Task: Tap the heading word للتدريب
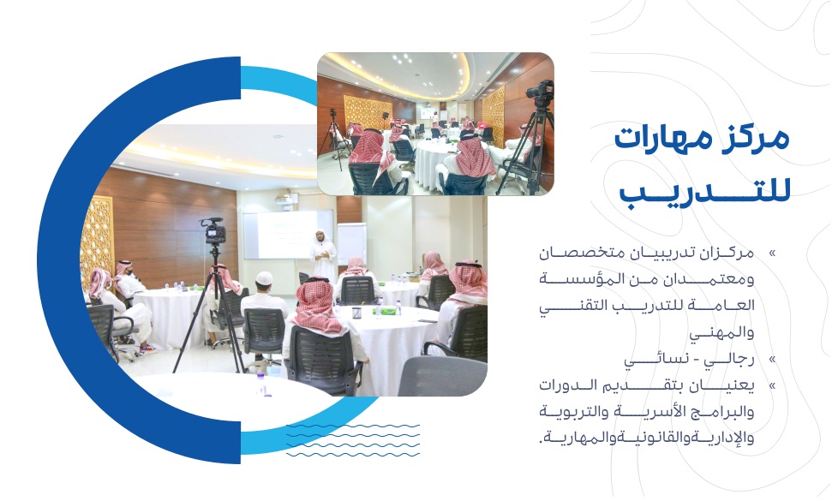coord(705,192)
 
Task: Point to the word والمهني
coord(721,333)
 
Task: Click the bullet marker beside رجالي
coord(772,360)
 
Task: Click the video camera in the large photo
coord(213,230)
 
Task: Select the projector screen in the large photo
coord(288,235)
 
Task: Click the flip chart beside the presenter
coord(352,244)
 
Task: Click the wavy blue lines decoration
coord(353,440)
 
